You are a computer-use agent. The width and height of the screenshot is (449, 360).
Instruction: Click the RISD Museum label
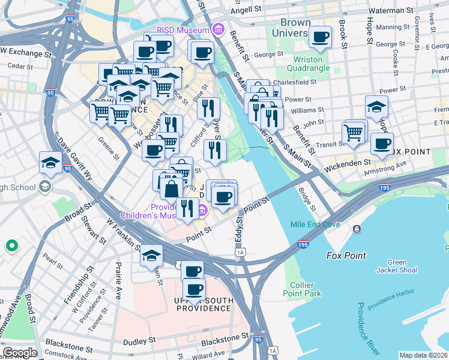[x=182, y=30]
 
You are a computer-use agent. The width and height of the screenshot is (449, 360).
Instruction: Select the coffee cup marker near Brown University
[x=320, y=37]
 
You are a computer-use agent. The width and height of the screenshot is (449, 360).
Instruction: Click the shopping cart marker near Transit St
[x=354, y=133]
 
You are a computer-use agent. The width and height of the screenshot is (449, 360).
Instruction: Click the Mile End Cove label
[x=315, y=225]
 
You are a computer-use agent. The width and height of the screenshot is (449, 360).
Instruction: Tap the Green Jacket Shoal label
[x=397, y=266]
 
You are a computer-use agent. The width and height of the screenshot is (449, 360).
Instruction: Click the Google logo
[x=19, y=353]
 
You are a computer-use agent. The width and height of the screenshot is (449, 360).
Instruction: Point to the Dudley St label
[x=139, y=341]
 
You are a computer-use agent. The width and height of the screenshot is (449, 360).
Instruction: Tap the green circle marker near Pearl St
[x=11, y=245]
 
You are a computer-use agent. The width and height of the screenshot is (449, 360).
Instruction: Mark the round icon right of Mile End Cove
[x=357, y=229]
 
